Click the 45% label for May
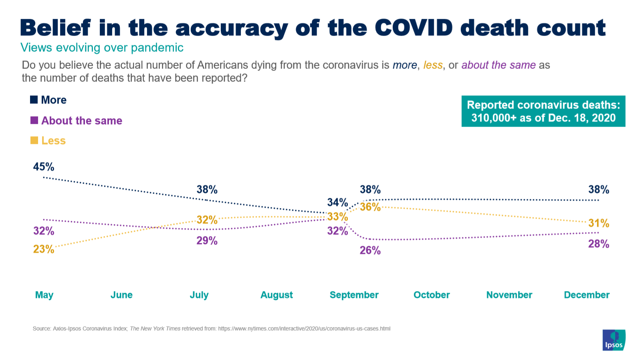[44, 167]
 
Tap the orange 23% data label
[44, 249]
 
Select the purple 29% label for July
[207, 241]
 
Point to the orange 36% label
[370, 207]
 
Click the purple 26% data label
[370, 251]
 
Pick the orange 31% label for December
[599, 223]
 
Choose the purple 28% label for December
[599, 244]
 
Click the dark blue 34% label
[337, 202]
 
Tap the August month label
[277, 295]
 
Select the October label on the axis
[432, 295]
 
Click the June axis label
[121, 295]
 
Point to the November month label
[509, 295]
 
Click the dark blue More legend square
[34, 99]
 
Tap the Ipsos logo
[614, 340]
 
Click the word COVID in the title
[414, 28]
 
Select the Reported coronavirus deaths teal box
[543, 111]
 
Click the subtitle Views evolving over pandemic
[102, 48]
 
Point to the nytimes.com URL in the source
[304, 329]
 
